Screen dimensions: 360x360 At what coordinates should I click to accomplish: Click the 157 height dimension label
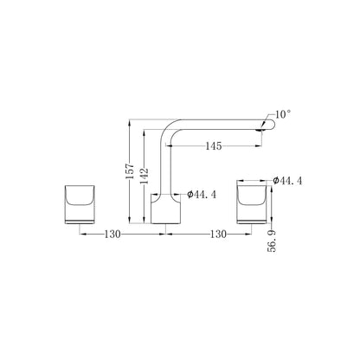point(131,171)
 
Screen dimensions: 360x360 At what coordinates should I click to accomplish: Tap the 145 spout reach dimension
point(214,146)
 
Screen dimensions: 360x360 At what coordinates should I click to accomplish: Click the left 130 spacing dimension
point(112,234)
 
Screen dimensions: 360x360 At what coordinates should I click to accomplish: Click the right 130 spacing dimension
point(218,234)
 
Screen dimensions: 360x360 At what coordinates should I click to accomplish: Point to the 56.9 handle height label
point(272,241)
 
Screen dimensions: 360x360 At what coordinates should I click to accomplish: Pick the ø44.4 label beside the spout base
point(202,195)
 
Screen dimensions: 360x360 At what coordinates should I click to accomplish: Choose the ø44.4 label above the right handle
point(287,181)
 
